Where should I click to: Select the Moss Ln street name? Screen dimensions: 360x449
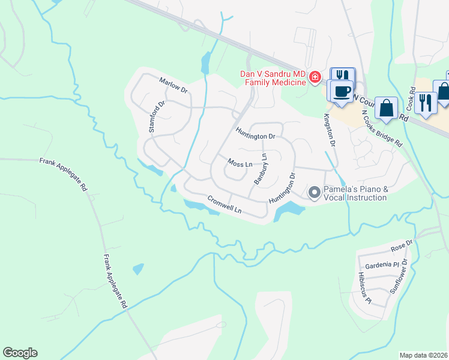[239, 163]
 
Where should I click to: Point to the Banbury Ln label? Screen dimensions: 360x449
[260, 169]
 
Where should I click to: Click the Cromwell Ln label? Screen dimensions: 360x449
[224, 205]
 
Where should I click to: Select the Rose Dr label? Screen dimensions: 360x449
[402, 245]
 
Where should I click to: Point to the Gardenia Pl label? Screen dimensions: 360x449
[379, 265]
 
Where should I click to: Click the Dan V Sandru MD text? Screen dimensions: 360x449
[273, 74]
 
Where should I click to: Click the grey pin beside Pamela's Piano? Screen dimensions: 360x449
[313, 193]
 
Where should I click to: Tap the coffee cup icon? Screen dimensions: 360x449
[342, 91]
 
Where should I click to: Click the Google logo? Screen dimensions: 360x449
[20, 353]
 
